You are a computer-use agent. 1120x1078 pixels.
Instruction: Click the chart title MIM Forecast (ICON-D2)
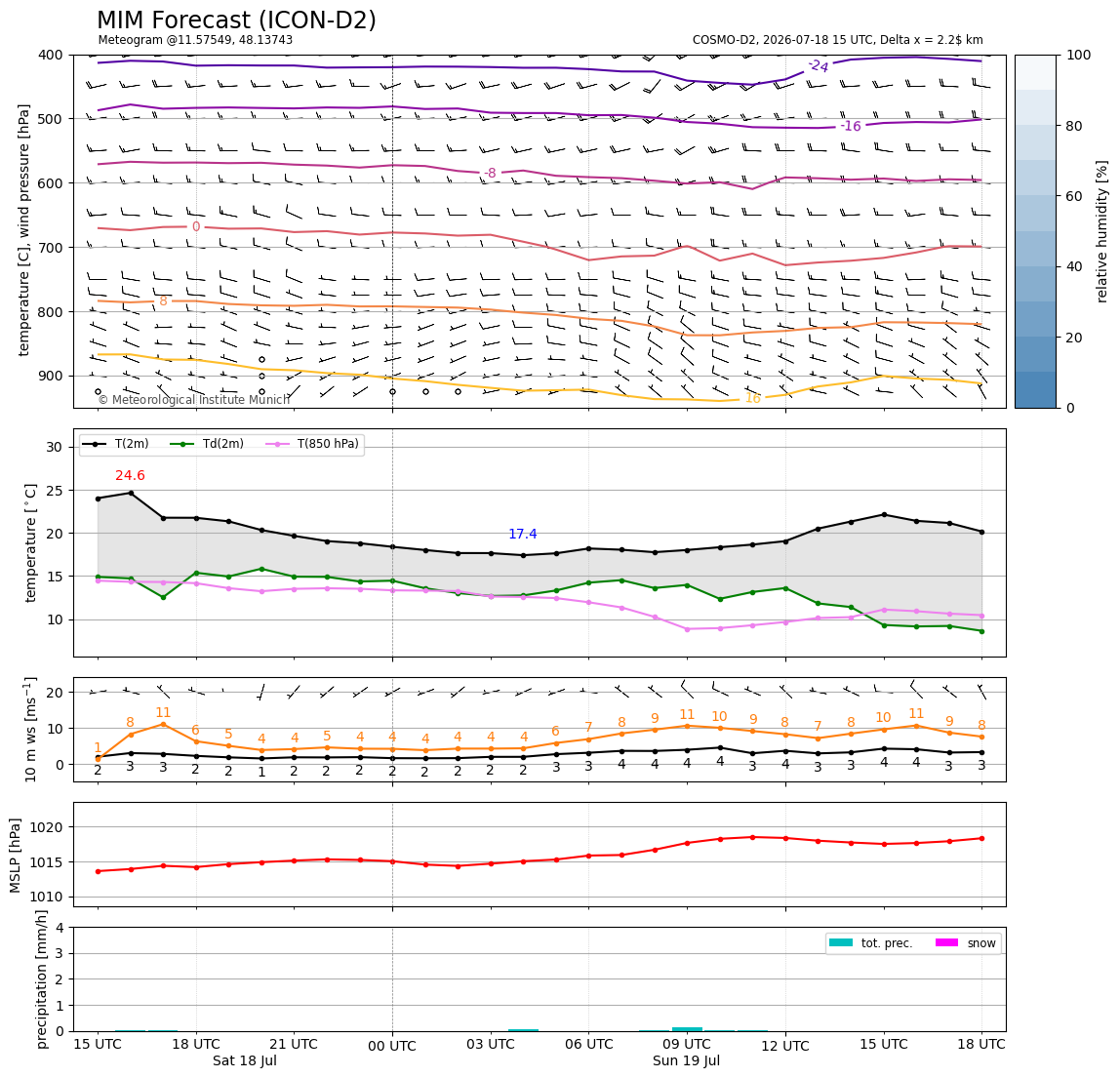click(x=236, y=20)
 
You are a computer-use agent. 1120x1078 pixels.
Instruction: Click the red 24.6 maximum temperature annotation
click(x=130, y=476)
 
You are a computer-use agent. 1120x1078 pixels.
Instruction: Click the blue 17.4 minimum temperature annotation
click(x=523, y=535)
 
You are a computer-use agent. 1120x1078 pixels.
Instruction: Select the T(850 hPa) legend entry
click(x=313, y=444)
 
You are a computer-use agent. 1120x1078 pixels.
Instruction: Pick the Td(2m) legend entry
click(x=207, y=444)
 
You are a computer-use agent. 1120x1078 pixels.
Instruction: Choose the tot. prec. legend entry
click(x=870, y=943)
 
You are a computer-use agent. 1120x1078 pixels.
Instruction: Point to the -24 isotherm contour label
click(x=818, y=66)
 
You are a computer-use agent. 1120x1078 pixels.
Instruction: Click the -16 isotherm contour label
click(x=850, y=127)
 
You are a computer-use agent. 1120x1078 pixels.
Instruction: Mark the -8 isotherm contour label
click(x=490, y=173)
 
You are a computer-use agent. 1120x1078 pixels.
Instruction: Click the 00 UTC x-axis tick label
click(x=392, y=1046)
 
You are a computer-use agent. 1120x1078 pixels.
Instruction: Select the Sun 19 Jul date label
click(x=687, y=1060)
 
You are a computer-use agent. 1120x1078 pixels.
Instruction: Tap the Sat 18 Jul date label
click(x=244, y=1060)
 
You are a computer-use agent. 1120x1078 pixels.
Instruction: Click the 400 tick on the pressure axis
click(x=51, y=55)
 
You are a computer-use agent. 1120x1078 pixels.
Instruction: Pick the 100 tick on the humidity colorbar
click(x=1079, y=55)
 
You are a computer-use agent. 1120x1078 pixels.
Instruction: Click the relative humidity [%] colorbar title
click(x=1102, y=231)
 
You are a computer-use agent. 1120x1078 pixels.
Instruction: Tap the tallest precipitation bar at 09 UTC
click(x=687, y=1029)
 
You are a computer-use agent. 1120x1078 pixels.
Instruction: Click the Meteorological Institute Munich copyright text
click(x=194, y=400)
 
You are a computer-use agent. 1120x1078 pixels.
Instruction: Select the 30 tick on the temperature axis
click(x=55, y=447)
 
